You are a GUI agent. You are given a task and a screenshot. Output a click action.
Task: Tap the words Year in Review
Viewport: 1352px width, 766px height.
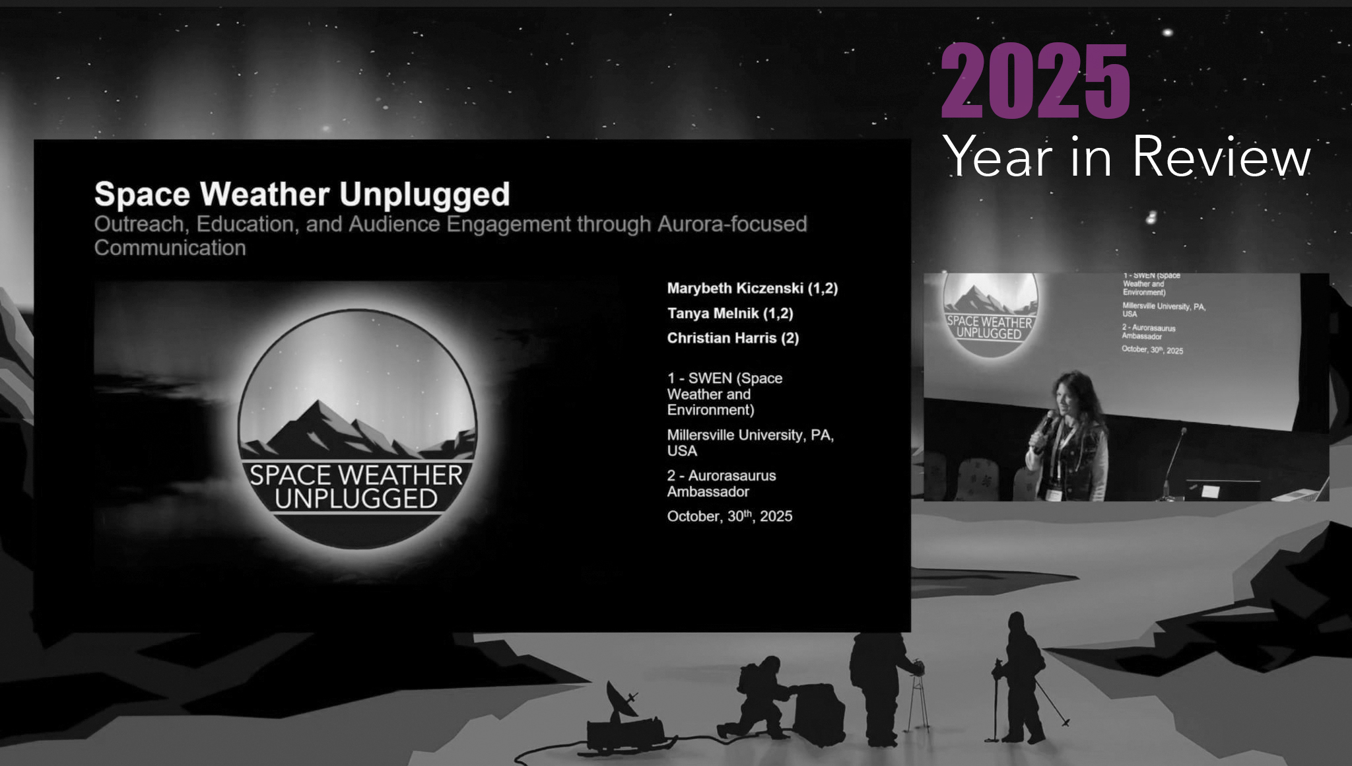point(1126,157)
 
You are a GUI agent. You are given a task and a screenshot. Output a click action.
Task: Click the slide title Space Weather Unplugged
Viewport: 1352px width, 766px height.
point(302,194)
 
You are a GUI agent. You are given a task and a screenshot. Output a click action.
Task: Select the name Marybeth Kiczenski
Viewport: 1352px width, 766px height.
point(752,289)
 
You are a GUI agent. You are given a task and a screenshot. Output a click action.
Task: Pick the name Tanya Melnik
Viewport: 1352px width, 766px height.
point(729,314)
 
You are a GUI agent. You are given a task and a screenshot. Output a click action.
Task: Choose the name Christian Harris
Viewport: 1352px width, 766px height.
point(733,338)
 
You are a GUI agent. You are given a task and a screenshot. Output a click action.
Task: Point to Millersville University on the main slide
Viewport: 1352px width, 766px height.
point(750,436)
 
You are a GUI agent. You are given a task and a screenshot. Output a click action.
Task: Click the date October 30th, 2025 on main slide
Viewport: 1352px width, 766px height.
point(729,516)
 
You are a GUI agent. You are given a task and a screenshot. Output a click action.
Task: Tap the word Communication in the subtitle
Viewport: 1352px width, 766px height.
point(170,248)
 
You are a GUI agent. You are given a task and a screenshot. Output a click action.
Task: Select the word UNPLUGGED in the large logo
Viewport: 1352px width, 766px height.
point(356,499)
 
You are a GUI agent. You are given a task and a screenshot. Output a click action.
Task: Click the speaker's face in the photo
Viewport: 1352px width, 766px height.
point(1070,401)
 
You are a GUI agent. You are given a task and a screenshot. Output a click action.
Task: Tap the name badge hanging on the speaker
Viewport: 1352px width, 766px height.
point(1056,494)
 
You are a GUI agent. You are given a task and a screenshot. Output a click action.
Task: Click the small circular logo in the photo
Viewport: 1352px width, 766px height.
point(990,313)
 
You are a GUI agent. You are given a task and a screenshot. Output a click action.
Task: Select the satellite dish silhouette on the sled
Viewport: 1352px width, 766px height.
point(620,701)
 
